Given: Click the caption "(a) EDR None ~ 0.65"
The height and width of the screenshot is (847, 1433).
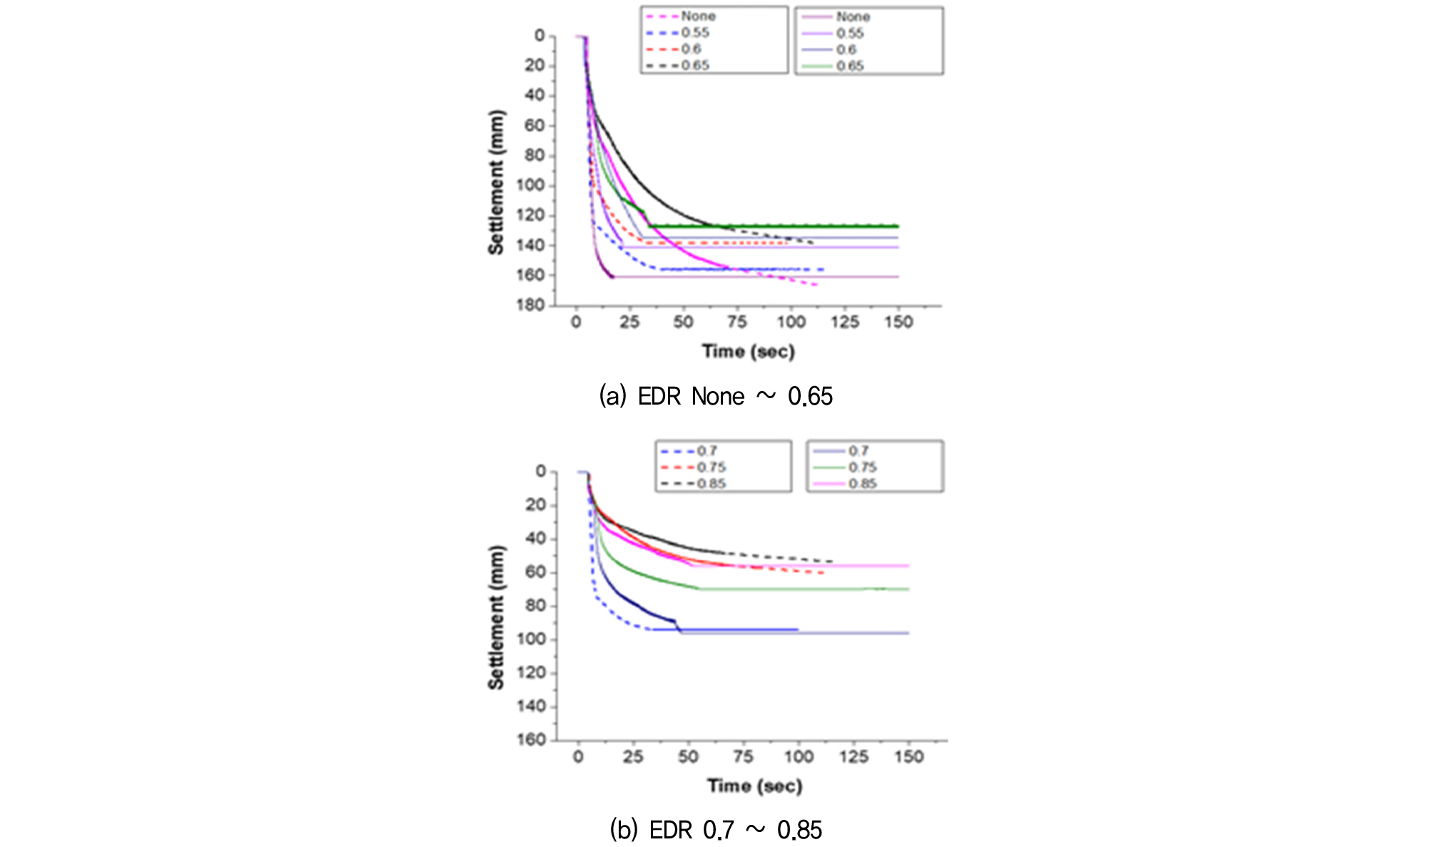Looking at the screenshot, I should (x=715, y=396).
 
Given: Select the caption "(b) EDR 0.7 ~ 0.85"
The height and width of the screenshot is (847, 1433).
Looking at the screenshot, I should (x=715, y=830).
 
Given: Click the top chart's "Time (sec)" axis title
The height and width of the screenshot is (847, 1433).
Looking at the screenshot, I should (x=748, y=351).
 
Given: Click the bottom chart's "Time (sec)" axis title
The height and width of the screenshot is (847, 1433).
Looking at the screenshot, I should (x=754, y=786).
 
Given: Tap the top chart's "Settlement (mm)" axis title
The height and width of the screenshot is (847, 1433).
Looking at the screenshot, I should (x=496, y=182).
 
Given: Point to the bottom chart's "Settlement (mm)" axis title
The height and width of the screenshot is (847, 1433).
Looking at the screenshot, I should (x=496, y=617).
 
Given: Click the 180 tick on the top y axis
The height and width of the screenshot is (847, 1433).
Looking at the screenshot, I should (x=532, y=305).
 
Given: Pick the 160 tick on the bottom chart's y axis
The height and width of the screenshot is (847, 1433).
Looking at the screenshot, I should (x=532, y=740).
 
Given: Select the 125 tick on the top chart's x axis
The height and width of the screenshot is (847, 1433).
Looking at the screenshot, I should (x=844, y=323).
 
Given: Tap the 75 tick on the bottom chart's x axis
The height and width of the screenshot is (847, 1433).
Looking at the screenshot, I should (x=743, y=757).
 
